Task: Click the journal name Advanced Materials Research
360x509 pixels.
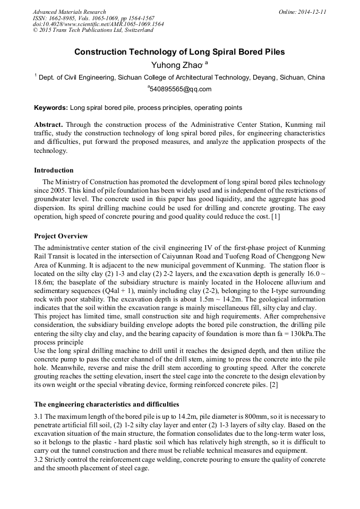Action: click(x=69, y=12)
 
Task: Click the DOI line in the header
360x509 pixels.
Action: click(x=98, y=24)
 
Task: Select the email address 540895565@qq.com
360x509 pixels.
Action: click(x=181, y=89)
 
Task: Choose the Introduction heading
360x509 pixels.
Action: click(x=54, y=170)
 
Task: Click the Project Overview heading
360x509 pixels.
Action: click(x=61, y=236)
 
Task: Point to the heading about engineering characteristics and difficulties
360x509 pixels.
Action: click(x=107, y=404)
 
